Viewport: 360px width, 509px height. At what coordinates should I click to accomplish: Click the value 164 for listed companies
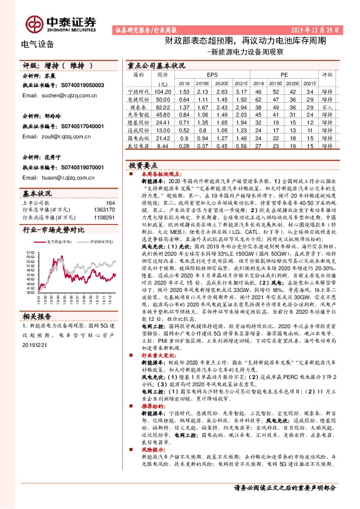(110, 203)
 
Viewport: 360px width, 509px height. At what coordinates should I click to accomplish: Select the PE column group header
(284, 74)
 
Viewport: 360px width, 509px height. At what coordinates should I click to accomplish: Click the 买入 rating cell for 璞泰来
(327, 106)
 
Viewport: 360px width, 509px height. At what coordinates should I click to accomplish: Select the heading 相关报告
(38, 316)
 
